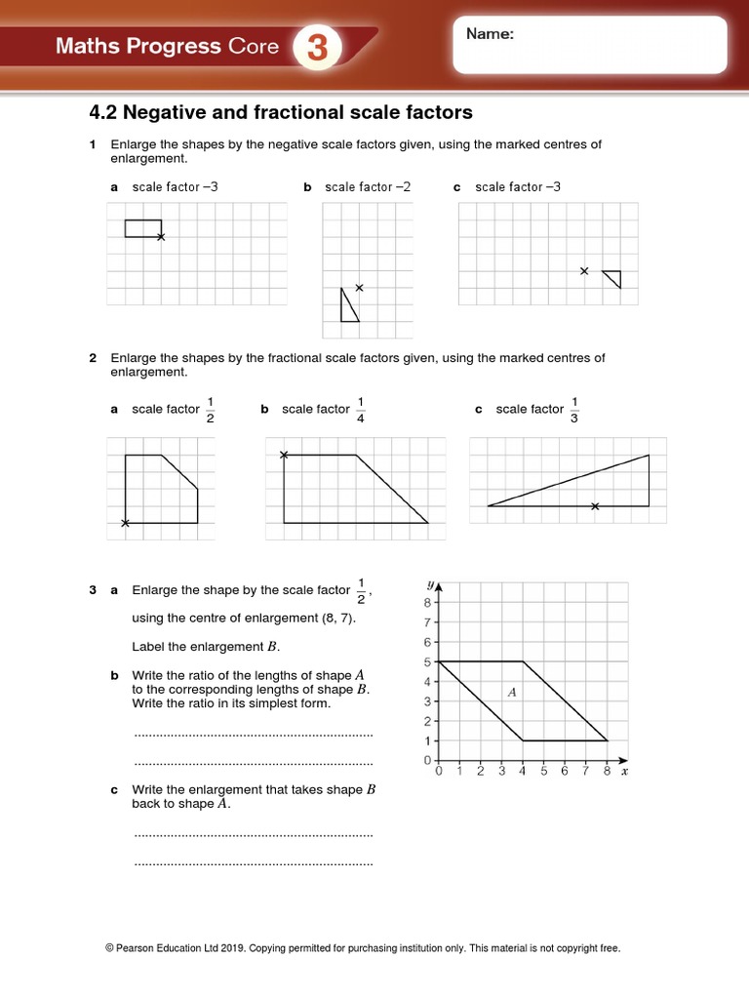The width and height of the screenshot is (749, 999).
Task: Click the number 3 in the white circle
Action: pyautogui.click(x=318, y=48)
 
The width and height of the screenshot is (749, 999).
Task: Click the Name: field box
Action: pyautogui.click(x=589, y=45)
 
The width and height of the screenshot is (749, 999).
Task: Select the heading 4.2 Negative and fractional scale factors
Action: pyautogui.click(x=281, y=112)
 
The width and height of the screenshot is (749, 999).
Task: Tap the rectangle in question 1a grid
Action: pyautogui.click(x=142, y=228)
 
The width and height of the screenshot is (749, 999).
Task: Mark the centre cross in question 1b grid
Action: pyautogui.click(x=359, y=287)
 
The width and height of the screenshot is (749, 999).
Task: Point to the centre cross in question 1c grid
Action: pyautogui.click(x=584, y=270)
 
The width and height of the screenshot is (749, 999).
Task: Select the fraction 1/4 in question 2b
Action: pyautogui.click(x=361, y=410)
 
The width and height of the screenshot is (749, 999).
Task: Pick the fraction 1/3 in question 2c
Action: pyautogui.click(x=574, y=410)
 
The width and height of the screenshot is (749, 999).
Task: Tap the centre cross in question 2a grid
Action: pyautogui.click(x=125, y=524)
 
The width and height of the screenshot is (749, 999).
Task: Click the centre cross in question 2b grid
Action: pyautogui.click(x=284, y=455)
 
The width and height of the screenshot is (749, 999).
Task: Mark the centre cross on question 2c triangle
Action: pyautogui.click(x=595, y=505)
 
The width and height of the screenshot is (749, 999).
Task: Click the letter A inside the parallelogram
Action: pyautogui.click(x=511, y=692)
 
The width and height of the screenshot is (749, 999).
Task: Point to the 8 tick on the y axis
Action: pyautogui.click(x=427, y=603)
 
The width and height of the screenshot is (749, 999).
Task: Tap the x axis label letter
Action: pyautogui.click(x=624, y=772)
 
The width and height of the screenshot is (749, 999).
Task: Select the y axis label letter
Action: pyautogui.click(x=430, y=584)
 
